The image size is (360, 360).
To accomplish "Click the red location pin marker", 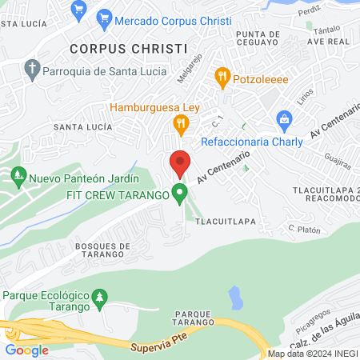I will pos(180,163).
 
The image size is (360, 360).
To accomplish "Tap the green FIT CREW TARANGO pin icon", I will pos(181,193).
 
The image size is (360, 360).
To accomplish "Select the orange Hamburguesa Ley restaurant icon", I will pos(181,124).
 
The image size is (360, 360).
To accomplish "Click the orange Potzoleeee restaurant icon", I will pos(222,78).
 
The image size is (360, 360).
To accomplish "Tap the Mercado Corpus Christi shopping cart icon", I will pos(103,17).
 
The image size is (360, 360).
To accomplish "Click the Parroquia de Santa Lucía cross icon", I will pos(32,70).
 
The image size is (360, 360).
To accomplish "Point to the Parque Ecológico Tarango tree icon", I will pos(100,298).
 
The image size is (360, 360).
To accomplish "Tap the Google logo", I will pos(26,350).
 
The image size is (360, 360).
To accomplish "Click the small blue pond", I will pos(235,298).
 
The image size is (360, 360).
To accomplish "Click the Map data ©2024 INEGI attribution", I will pos(312,354).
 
